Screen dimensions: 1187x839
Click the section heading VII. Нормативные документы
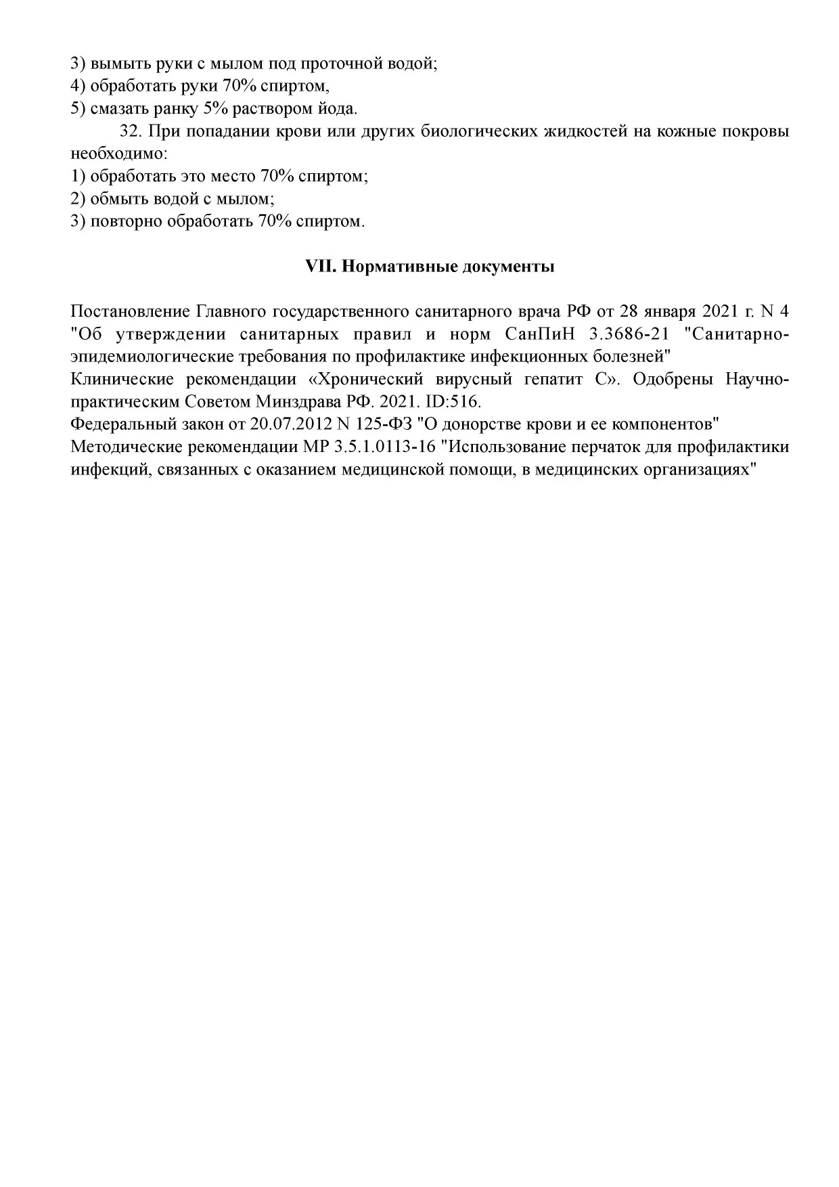pyautogui.click(x=430, y=267)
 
